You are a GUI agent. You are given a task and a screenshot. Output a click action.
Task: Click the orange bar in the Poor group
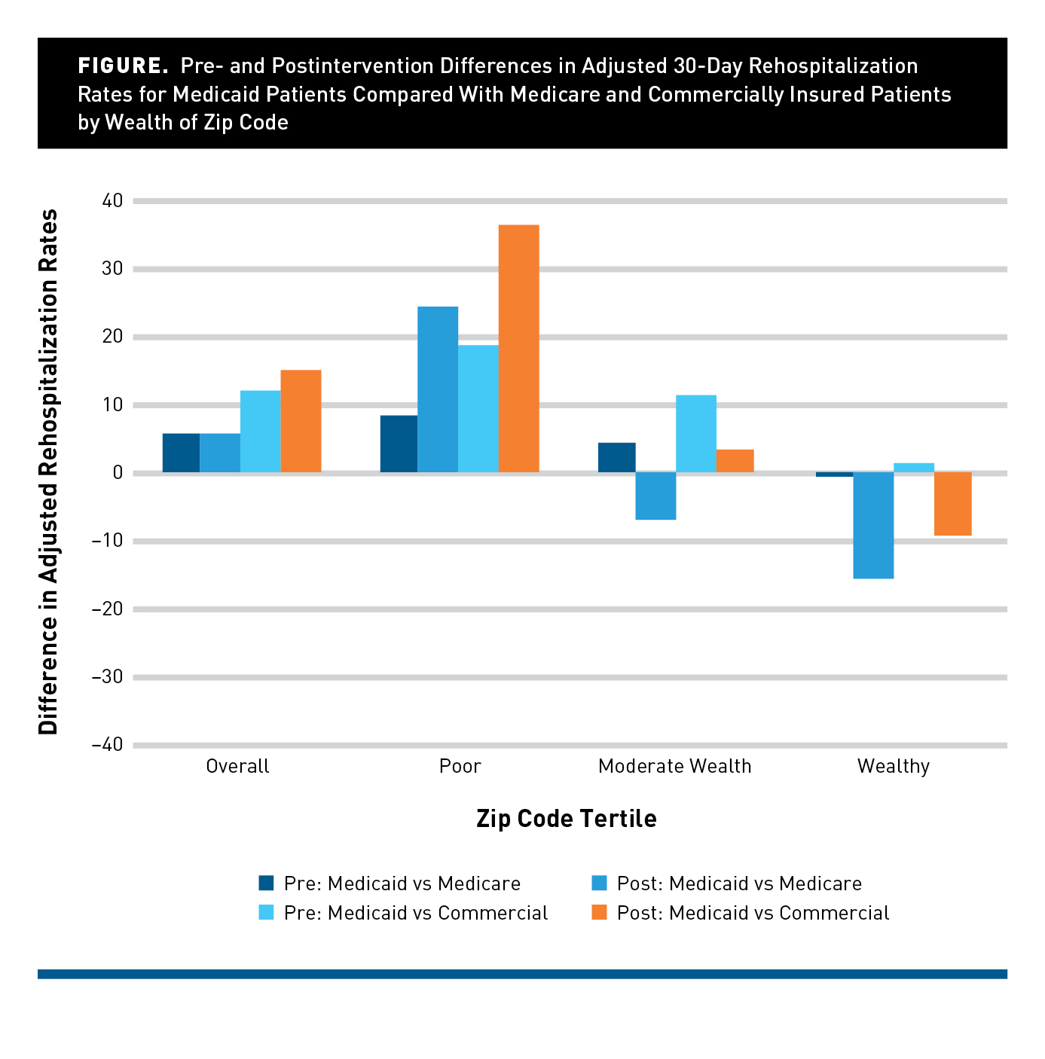[518, 349]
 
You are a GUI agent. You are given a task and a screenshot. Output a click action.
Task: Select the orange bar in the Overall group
[301, 421]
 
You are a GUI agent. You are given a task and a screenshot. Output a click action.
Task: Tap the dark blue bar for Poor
[399, 444]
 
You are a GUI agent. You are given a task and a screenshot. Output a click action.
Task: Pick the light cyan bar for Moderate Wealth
[695, 434]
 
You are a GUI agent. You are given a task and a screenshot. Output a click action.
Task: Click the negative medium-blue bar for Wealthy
[873, 525]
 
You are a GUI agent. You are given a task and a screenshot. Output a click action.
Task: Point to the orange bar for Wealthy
[952, 504]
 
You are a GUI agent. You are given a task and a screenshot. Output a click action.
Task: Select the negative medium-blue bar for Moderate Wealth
[655, 496]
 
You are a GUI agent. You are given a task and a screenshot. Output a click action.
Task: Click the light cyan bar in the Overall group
[260, 432]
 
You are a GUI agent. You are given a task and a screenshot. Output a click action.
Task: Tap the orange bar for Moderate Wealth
[735, 461]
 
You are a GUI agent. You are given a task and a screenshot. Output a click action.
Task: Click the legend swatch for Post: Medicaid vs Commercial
[599, 912]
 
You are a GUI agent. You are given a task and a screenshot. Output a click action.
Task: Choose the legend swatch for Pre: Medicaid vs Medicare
[266, 883]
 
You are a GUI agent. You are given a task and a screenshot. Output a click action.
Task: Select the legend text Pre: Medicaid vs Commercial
[416, 913]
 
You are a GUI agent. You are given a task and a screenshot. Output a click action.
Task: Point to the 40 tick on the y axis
[112, 200]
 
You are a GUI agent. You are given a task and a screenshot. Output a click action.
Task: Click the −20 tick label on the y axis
[107, 609]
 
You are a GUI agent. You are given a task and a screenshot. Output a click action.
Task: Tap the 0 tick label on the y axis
[118, 472]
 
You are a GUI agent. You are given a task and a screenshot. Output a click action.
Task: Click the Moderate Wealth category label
[674, 766]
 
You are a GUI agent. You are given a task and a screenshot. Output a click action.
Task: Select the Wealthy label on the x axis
[893, 766]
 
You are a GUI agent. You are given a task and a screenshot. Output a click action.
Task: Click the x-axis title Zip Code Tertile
[566, 819]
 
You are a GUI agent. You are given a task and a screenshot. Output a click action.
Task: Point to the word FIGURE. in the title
[123, 66]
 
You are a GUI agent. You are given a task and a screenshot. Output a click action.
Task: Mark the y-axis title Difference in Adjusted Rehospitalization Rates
[49, 472]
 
